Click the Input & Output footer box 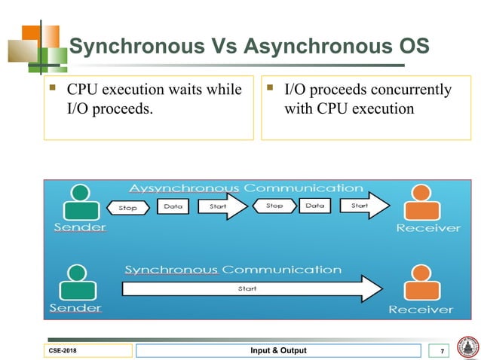(278, 351)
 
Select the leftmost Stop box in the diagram (128, 207)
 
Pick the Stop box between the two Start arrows (274, 206)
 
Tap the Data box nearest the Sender (173, 206)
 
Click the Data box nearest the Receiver (314, 206)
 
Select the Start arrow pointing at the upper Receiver (363, 206)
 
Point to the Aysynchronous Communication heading (246, 188)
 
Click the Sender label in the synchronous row (76, 308)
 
